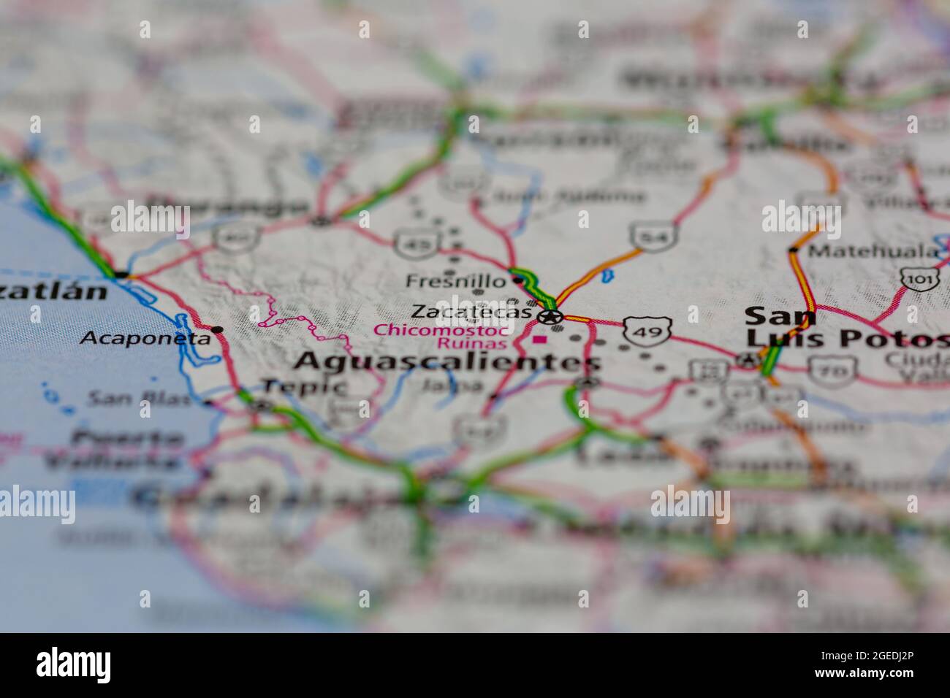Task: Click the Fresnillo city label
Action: (x=455, y=281)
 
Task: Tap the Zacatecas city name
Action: (x=471, y=312)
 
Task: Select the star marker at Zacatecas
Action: (x=550, y=317)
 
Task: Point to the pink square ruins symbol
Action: (x=540, y=340)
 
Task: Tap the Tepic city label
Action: (x=303, y=386)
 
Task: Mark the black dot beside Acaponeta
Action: (x=217, y=330)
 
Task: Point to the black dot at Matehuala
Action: (x=794, y=250)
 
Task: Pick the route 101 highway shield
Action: (x=915, y=279)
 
